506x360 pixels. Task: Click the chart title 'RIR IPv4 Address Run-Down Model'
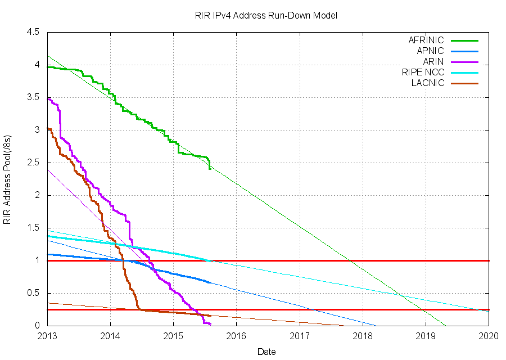[263, 16]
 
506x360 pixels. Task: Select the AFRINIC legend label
[426, 40]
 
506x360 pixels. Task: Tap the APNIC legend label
[430, 51]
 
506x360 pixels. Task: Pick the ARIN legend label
[433, 61]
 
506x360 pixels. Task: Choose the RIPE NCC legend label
[423, 72]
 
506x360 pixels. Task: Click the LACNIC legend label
[427, 83]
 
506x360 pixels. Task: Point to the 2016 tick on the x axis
[236, 336]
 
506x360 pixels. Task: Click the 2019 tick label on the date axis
[426, 336]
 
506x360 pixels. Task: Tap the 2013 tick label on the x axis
[47, 336]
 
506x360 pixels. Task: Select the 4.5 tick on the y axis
[33, 33]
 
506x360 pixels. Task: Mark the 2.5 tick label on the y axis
[33, 163]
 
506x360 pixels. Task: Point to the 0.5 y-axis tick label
[33, 293]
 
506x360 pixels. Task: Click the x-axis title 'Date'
[266, 352]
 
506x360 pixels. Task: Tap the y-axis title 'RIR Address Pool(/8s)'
[7, 179]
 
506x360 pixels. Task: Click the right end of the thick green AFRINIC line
[210, 168]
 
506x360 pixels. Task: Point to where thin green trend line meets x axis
[446, 325]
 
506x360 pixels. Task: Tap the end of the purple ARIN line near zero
[210, 324]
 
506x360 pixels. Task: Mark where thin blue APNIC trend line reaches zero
[376, 325]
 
